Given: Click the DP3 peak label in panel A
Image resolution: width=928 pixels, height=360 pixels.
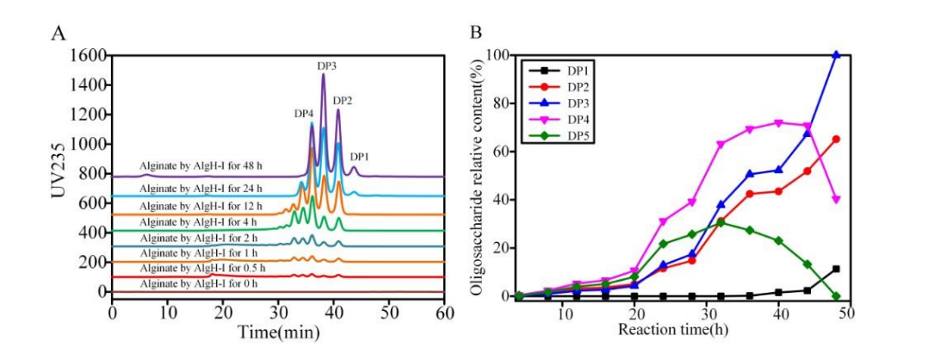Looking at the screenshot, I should tap(326, 66).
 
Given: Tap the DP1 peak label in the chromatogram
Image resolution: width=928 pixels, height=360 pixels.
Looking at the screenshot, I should tap(361, 158).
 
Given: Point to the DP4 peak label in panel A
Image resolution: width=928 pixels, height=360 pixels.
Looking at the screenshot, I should tap(303, 114).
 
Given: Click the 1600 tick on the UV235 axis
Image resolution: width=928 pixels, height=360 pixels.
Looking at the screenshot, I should tap(85, 56).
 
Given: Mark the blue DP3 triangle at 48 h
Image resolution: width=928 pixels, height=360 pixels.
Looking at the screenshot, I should tap(835, 55).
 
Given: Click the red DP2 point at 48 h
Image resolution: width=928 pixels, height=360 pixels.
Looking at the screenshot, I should tap(835, 140).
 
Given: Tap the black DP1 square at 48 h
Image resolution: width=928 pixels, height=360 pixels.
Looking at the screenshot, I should tap(835, 269).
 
